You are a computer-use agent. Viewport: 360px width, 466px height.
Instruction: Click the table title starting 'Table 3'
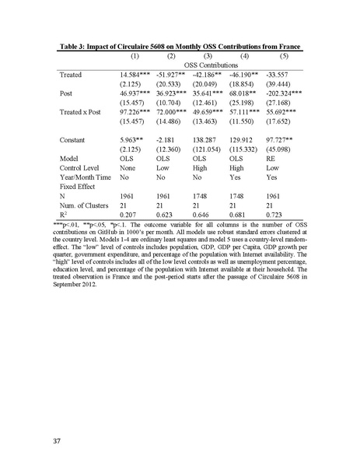[x=180, y=46]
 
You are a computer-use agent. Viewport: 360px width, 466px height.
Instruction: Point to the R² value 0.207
[x=129, y=213]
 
